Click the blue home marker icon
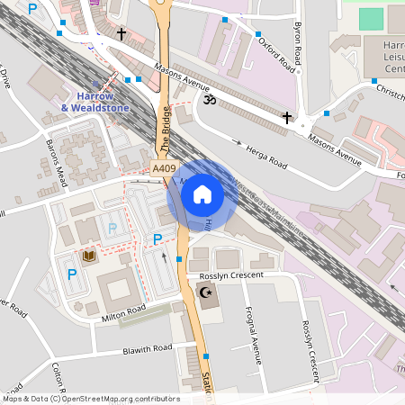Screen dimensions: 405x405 202,194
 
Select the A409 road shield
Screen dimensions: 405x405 163,168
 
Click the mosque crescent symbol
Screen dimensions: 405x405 204,292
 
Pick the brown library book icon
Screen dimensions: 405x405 88,257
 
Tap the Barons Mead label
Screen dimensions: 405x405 54,161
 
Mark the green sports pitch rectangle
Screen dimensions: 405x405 371,18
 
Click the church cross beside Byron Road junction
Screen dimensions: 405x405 287,117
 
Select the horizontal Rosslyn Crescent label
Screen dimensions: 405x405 233,274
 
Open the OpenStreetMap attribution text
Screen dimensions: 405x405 90,399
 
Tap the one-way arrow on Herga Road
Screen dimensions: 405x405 239,142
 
